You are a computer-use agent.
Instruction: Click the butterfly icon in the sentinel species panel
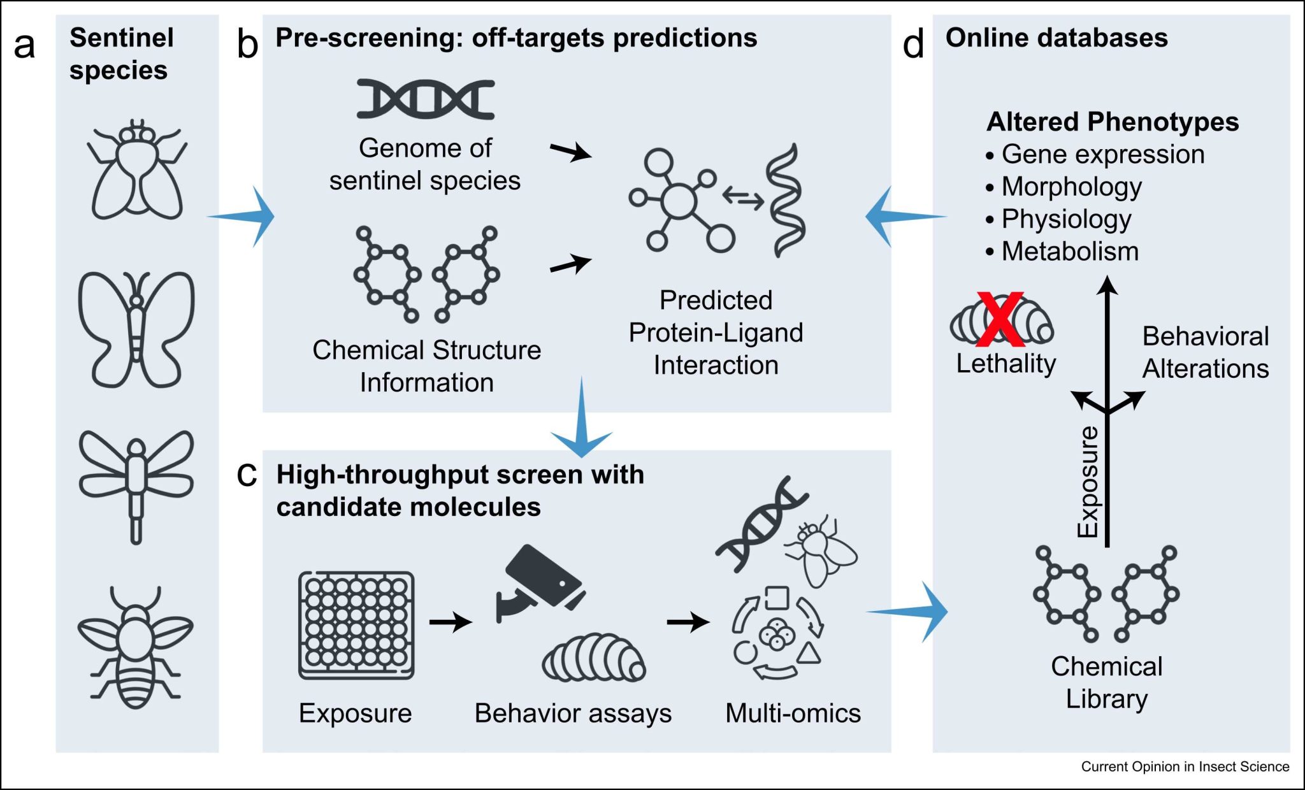[136, 329]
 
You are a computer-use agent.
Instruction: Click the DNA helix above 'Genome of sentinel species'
[425, 99]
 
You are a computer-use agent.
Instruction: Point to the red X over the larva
[1000, 319]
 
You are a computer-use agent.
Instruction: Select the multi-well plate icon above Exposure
[356, 625]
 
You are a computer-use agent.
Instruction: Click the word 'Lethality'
[1006, 363]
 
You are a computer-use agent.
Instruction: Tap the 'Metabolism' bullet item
[1069, 251]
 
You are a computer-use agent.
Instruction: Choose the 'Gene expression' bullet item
[1102, 154]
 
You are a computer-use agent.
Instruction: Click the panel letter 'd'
[913, 45]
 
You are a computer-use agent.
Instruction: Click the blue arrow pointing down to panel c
[581, 424]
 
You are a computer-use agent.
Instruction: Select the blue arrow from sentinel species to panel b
[245, 217]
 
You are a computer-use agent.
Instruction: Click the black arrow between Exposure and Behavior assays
[450, 621]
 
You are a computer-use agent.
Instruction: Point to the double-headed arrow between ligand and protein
[743, 199]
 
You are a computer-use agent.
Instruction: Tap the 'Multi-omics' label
[793, 713]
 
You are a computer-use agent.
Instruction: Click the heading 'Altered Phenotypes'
[1112, 121]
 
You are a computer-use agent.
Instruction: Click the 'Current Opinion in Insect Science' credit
[1185, 766]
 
